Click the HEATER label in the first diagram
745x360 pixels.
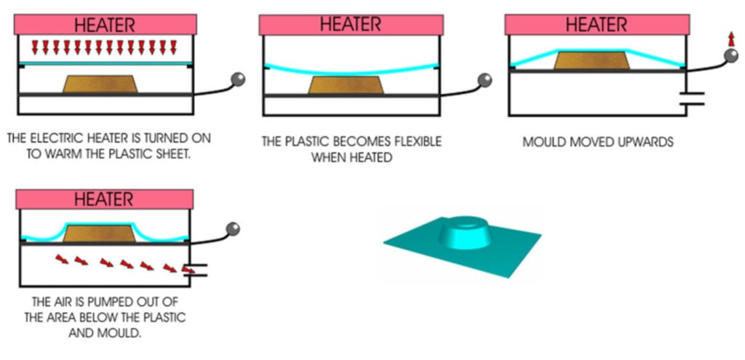click(x=105, y=25)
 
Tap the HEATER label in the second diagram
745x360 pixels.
click(x=350, y=25)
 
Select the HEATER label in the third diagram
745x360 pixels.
click(x=596, y=25)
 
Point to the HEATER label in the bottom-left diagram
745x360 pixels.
click(x=105, y=199)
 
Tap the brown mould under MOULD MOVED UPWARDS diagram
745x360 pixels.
click(x=591, y=60)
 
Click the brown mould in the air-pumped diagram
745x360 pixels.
click(x=99, y=233)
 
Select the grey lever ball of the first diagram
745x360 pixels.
click(x=238, y=78)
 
